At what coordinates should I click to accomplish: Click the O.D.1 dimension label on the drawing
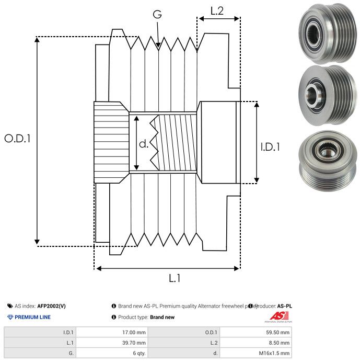(18, 139)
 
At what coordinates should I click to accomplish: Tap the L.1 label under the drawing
(175, 279)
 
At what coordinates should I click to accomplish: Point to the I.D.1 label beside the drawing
(271, 148)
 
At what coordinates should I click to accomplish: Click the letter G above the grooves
(157, 14)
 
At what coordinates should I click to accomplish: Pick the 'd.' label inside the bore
(144, 144)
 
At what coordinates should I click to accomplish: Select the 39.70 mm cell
(134, 343)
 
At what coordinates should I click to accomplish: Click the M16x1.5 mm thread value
(274, 353)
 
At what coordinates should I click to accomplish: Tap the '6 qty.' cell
(138, 353)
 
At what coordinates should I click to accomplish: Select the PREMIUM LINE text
(32, 317)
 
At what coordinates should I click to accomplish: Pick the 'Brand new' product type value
(162, 317)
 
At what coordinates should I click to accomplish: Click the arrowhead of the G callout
(158, 47)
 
